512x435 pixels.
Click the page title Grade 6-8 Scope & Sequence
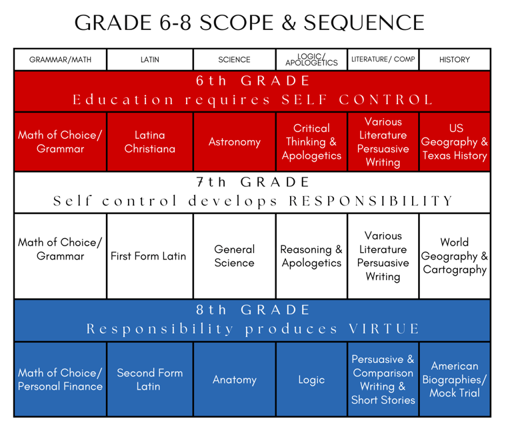tap(249, 23)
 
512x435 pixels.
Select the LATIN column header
tap(150, 59)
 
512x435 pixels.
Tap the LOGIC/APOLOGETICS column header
tap(311, 59)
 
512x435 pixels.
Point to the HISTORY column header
tap(454, 59)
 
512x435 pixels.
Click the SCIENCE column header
tap(234, 59)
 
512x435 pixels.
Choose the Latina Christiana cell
tap(150, 141)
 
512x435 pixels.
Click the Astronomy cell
tap(234, 141)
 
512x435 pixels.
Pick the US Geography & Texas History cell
tap(454, 141)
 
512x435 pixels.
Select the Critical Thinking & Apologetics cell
tap(311, 141)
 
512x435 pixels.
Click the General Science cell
tap(234, 256)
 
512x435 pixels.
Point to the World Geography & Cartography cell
tap(454, 256)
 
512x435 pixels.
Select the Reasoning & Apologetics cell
tap(311, 256)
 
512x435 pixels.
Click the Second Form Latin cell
tap(150, 380)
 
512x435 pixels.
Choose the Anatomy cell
tap(234, 380)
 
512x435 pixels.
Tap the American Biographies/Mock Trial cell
tap(454, 380)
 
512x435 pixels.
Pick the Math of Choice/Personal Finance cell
tap(61, 380)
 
